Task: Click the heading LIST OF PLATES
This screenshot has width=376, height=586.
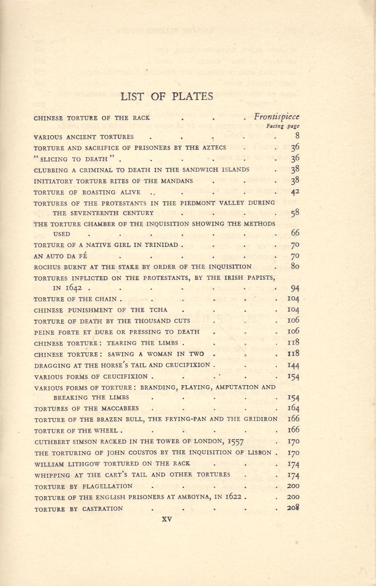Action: pos(167,96)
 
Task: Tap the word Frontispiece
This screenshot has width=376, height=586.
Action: pos(277,116)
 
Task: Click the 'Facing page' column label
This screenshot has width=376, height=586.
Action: pos(283,126)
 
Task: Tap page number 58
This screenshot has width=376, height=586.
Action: pos(295,213)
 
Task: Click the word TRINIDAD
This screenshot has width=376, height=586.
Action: pos(161,245)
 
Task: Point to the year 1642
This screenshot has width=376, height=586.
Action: pos(73,288)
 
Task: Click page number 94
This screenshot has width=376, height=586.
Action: pos(295,288)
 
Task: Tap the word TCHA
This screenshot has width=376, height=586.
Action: pos(158,310)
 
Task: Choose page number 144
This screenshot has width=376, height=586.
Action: pos(293,365)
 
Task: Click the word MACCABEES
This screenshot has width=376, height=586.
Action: pos(120,409)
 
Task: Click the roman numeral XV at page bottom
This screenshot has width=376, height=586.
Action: pos(167,520)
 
